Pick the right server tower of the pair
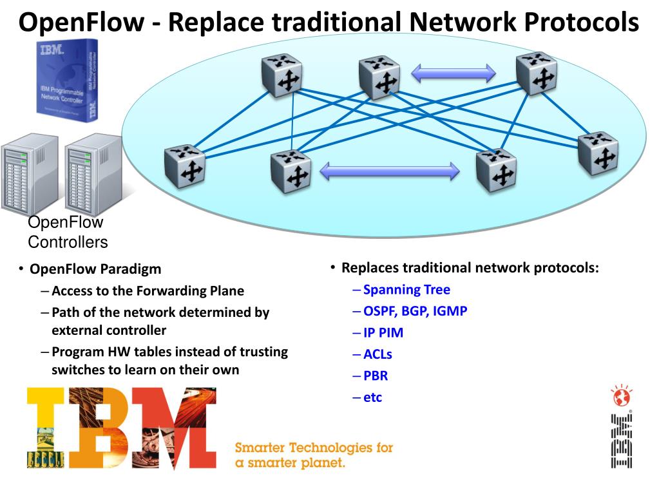92,175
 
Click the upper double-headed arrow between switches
454,73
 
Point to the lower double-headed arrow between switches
390,171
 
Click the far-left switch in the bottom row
184,166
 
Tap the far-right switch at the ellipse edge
598,153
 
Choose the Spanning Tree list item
406,290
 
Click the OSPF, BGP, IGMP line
415,311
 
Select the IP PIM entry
383,333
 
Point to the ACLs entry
377,354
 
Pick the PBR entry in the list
376,375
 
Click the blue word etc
372,397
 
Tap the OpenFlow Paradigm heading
95,269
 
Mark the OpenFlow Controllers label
68,233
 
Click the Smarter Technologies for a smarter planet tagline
314,455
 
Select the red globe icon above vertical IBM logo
621,397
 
